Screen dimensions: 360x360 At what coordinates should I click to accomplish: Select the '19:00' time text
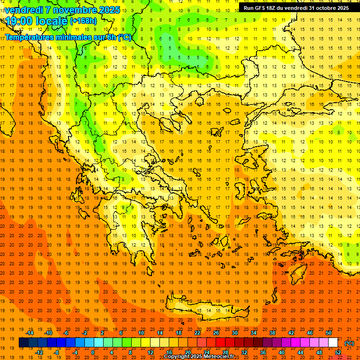[x=19, y=21]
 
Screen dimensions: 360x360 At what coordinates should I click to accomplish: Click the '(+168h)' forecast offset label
[x=83, y=21]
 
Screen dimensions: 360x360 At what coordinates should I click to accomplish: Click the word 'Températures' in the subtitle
[x=28, y=37]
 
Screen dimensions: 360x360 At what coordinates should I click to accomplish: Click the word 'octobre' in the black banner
[x=322, y=8]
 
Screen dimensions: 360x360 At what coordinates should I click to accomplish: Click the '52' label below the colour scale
[x=338, y=352]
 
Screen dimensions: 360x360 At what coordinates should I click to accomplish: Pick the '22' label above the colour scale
[x=197, y=332]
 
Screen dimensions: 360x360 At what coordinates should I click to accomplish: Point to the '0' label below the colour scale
[x=93, y=352]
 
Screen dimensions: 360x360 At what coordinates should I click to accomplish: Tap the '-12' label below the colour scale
[x=39, y=352]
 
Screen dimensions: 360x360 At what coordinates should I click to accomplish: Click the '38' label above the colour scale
[x=272, y=332]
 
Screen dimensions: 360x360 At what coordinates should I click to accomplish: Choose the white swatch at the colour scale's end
[x=333, y=343]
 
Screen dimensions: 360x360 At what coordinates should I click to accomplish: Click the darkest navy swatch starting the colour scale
[x=23, y=343]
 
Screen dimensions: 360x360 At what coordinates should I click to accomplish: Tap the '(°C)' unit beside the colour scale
[x=349, y=343]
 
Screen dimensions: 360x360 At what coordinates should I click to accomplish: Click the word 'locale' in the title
[x=51, y=21]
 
